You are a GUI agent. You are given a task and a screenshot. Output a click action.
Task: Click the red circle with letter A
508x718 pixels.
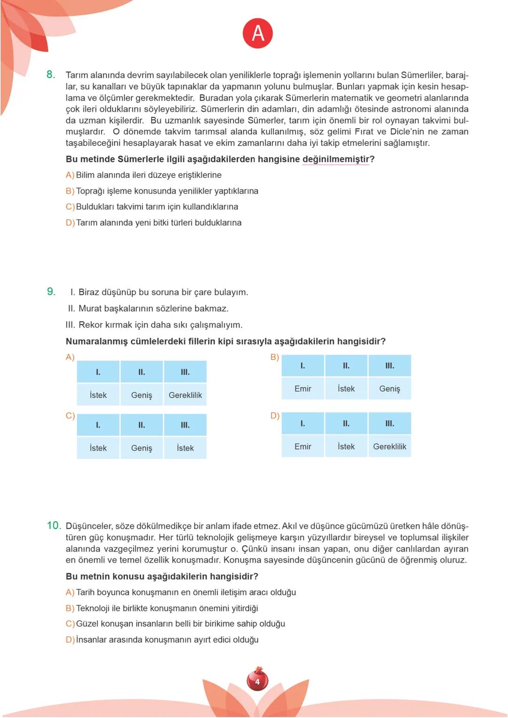coord(258,33)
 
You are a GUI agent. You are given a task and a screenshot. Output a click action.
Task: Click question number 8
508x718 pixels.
coord(51,74)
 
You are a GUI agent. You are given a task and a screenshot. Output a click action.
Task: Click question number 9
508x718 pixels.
coord(51,292)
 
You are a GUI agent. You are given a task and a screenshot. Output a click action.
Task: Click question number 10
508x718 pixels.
coord(54,525)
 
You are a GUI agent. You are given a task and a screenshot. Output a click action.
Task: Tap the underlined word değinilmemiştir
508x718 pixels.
coord(335,159)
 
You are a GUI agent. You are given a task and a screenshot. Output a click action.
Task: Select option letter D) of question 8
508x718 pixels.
coord(70,222)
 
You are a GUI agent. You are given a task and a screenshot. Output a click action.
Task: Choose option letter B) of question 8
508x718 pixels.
coord(70,191)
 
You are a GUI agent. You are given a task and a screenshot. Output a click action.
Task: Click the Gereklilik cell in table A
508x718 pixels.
coord(185,395)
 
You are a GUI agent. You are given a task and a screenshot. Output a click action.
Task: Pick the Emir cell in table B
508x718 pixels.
coord(302,388)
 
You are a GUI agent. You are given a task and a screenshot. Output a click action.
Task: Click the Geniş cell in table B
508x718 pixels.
coord(389,388)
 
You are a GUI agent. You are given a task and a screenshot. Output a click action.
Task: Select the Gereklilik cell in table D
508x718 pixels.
coord(389,446)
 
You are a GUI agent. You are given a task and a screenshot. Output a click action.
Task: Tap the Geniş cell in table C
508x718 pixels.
coord(142,448)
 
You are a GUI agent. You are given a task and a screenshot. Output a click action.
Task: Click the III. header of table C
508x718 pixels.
coord(185,425)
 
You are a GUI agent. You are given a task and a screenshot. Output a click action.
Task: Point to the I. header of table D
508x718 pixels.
coord(302,423)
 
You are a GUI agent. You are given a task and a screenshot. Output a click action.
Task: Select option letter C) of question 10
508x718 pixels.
coord(70,623)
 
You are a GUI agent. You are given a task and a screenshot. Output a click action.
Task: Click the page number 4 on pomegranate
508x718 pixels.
coord(257,681)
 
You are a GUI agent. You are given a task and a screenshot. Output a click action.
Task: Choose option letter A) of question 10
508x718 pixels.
coord(70,592)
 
